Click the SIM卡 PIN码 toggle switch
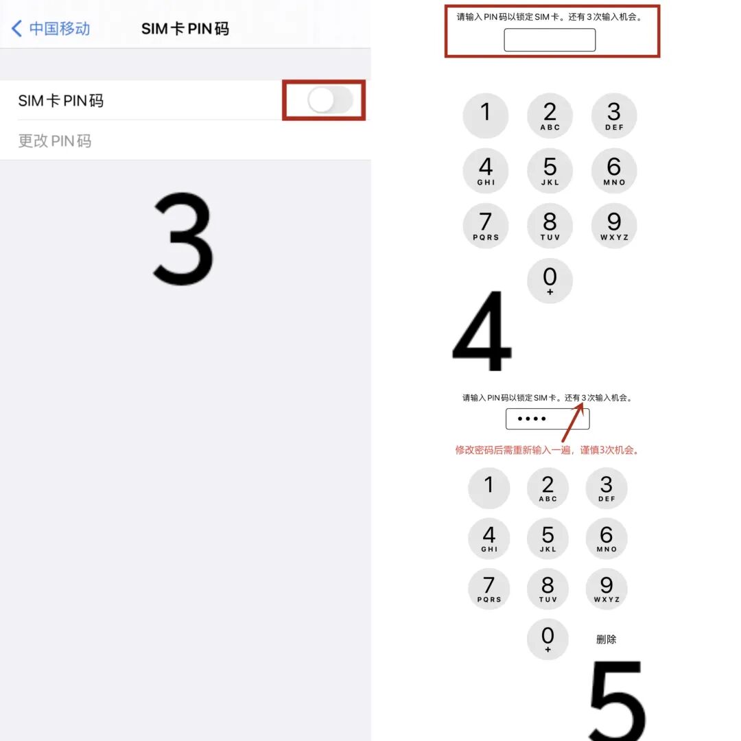coord(330,100)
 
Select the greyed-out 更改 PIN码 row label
coord(55,141)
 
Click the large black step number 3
coord(183,239)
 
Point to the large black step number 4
coord(482,331)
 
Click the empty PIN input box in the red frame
coord(550,40)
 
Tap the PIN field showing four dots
coord(548,419)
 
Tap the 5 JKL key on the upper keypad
coord(550,171)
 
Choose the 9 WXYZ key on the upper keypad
coord(614,226)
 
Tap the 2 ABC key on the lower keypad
coord(548,489)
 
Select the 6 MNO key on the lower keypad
coord(607,539)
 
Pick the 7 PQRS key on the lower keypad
coord(489,589)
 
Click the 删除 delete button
coord(606,639)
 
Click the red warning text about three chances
coord(547,450)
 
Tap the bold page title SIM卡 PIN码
coord(185,28)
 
